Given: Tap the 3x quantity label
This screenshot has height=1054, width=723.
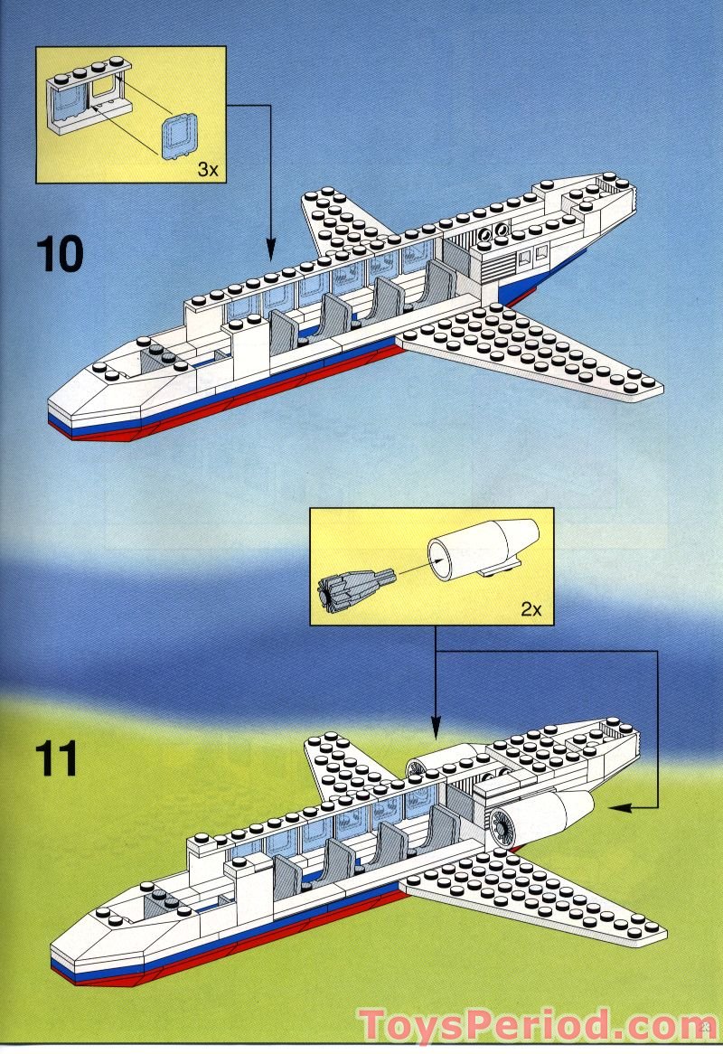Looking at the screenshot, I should pyautogui.click(x=207, y=169).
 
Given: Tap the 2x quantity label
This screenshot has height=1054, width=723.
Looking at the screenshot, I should pyautogui.click(x=531, y=608).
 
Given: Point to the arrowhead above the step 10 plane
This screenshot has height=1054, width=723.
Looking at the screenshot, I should pyautogui.click(x=270, y=249).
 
